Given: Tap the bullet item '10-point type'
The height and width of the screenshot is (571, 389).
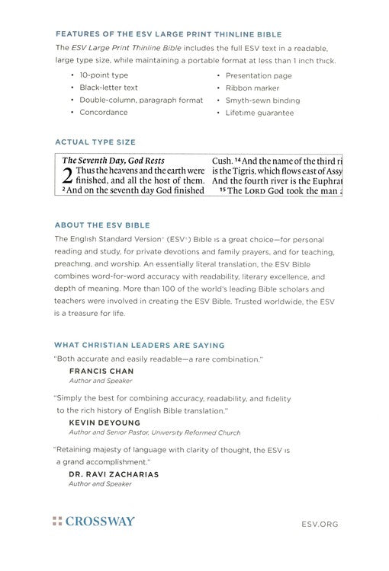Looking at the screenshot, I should click(x=104, y=75).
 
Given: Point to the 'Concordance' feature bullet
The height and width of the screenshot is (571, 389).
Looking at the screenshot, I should click(x=104, y=112).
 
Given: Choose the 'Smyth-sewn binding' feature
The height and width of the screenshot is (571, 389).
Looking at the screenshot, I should click(x=262, y=100).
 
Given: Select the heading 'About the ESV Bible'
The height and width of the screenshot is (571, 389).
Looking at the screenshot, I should click(x=102, y=225).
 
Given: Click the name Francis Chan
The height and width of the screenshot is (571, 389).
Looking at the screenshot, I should click(x=101, y=371).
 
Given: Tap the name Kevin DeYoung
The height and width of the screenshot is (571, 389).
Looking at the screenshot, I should click(x=103, y=421).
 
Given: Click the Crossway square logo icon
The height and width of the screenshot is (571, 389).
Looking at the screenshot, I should click(x=56, y=522).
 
